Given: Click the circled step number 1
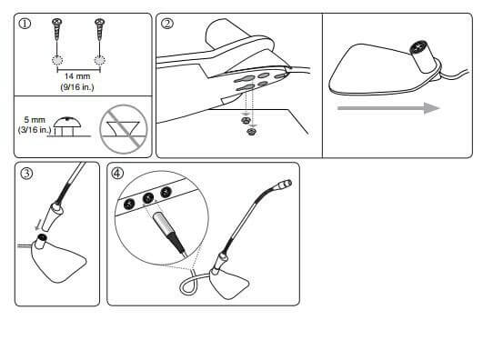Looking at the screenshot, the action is (x=25, y=24).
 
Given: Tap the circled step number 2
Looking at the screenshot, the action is (x=167, y=24).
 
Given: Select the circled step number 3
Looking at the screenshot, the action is (x=26, y=174).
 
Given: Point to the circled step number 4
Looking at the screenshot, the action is (x=117, y=174).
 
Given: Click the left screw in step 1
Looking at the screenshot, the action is (x=57, y=29).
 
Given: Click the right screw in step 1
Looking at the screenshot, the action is (x=99, y=29).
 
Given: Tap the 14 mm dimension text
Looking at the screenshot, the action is (x=77, y=76).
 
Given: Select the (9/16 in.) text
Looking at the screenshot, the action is (x=77, y=87).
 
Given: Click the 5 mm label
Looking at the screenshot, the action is (x=35, y=119).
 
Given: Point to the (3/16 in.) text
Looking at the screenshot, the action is (x=35, y=129).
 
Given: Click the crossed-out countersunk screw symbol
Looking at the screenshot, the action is (x=124, y=129).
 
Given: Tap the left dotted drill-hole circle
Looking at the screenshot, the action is (x=57, y=60).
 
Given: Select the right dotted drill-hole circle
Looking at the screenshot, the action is (x=99, y=60).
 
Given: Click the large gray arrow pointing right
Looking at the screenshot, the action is (x=388, y=108).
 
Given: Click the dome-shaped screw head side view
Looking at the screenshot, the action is (x=67, y=123).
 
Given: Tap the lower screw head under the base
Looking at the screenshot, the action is (x=252, y=132).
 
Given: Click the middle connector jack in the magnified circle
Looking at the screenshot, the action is (x=148, y=198).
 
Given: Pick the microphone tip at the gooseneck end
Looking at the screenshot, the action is (x=285, y=185).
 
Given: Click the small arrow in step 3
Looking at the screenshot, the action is (x=39, y=225).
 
